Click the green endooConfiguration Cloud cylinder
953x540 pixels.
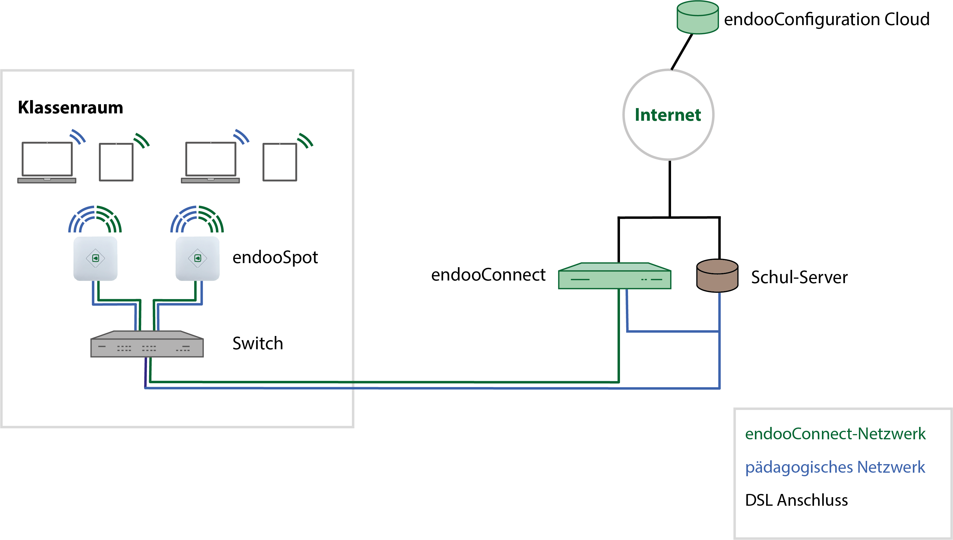[x=698, y=18]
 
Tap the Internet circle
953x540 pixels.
[x=668, y=115]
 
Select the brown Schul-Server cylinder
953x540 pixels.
[x=717, y=276]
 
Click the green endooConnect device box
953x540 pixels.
[x=614, y=277]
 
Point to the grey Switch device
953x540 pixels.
[x=147, y=345]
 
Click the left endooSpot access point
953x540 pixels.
[x=95, y=259]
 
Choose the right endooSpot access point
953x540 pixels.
[x=197, y=259]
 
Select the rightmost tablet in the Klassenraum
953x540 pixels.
[x=280, y=162]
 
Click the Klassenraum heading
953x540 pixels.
[x=71, y=107]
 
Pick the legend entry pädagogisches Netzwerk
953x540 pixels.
[x=835, y=467]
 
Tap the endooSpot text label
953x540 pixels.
[x=275, y=257]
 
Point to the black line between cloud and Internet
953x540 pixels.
[x=682, y=52]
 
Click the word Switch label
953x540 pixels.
[x=257, y=343]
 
